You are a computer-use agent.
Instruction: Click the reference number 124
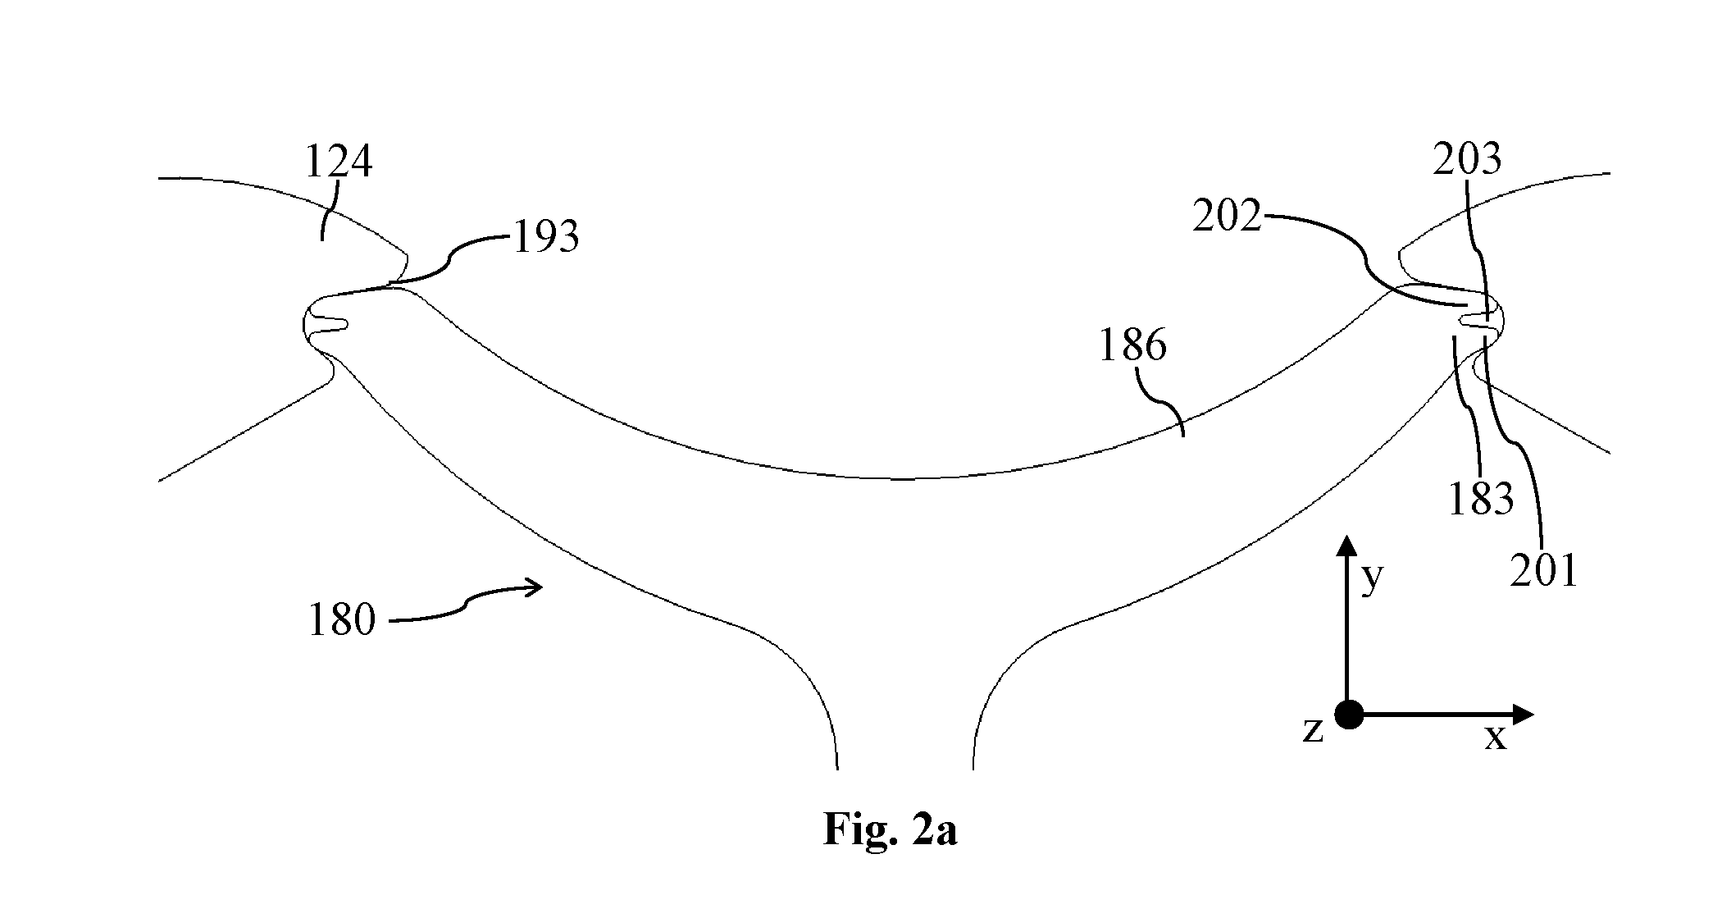point(339,161)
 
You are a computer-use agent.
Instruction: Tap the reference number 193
point(546,238)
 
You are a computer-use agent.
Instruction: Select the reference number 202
point(1227,217)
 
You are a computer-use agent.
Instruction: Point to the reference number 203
point(1467,159)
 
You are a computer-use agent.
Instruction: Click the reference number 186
point(1132,345)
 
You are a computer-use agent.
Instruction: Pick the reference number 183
point(1480,498)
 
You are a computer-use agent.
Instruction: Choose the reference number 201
point(1544,570)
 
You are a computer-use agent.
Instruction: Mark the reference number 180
point(342,619)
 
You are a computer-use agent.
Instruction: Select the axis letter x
point(1496,738)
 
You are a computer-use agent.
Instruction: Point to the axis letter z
point(1313,729)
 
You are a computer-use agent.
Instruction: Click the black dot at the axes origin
point(1349,715)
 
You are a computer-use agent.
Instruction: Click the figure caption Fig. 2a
point(890,829)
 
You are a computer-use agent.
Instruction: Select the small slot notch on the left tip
point(329,325)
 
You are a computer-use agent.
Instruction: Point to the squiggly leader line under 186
point(1162,400)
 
